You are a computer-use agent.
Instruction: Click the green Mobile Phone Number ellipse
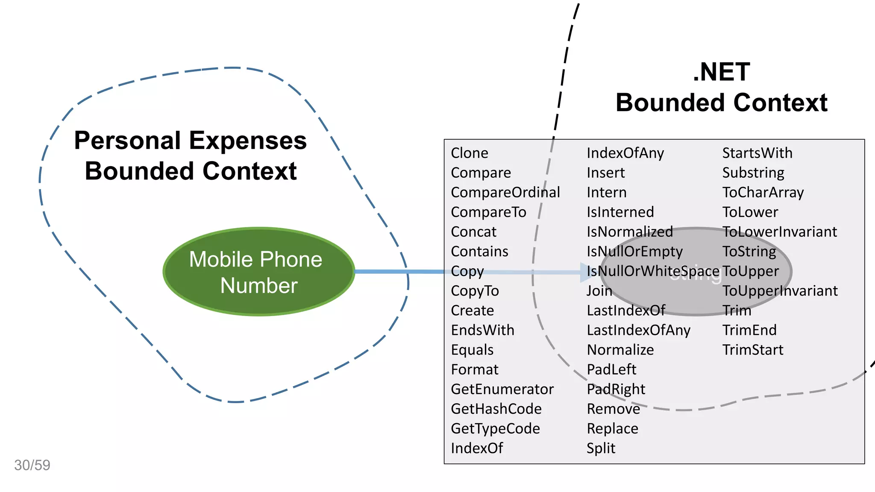(x=259, y=272)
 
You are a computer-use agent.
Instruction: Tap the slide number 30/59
(x=32, y=465)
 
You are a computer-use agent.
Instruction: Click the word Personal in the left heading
(x=127, y=141)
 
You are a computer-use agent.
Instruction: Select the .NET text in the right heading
(x=721, y=72)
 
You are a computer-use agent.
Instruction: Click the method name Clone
(x=469, y=153)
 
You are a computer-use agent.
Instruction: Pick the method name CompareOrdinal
(x=505, y=192)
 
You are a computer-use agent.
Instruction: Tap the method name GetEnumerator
(x=502, y=389)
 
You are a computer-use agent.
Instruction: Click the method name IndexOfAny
(x=625, y=153)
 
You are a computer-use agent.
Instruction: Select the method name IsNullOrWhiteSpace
(x=653, y=271)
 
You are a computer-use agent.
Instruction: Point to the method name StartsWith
(x=757, y=153)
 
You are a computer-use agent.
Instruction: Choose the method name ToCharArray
(x=763, y=192)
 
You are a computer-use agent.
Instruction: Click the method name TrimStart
(x=752, y=350)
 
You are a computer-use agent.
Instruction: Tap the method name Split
(x=601, y=448)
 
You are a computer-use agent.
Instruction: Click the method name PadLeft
(x=611, y=369)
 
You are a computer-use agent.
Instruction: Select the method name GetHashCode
(x=496, y=409)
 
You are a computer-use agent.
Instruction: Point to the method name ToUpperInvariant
(x=780, y=291)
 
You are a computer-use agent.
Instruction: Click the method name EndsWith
(x=482, y=330)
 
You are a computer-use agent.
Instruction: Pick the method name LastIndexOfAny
(x=638, y=330)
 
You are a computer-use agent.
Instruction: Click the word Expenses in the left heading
(x=248, y=141)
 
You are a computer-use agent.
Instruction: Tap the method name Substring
(x=753, y=173)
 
